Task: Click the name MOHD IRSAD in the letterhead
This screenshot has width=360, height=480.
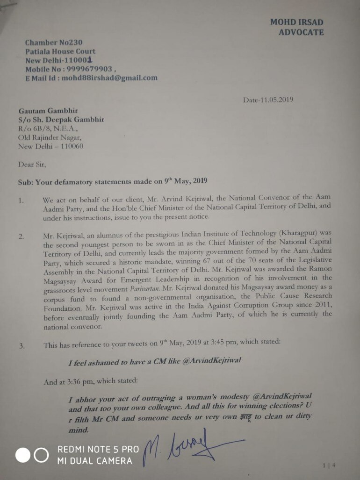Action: [296, 22]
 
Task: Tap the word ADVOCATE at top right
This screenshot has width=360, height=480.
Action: [301, 32]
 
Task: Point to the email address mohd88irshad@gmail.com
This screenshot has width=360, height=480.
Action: [112, 78]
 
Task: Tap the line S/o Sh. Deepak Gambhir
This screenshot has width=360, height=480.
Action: [61, 120]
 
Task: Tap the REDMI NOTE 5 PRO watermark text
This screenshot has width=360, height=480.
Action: [98, 449]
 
